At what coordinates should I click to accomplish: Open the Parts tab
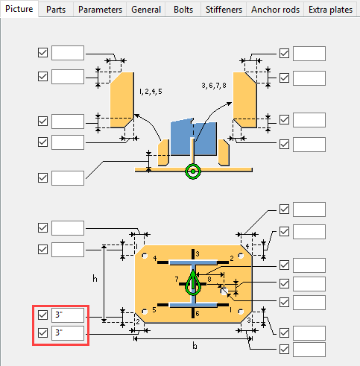click(x=57, y=10)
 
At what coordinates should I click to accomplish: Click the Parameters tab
click(x=101, y=10)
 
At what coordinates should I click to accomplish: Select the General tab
click(x=146, y=10)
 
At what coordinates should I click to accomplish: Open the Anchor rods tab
click(x=277, y=10)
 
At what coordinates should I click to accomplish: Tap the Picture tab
click(x=19, y=10)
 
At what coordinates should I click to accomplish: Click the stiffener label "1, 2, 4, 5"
click(x=150, y=91)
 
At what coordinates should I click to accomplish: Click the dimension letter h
click(x=95, y=278)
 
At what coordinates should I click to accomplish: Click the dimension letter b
click(x=194, y=346)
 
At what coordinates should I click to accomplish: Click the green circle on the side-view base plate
click(x=193, y=171)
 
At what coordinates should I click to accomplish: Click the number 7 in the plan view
click(x=177, y=279)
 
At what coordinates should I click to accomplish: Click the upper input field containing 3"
click(x=68, y=315)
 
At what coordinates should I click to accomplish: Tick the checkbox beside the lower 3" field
click(x=42, y=332)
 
